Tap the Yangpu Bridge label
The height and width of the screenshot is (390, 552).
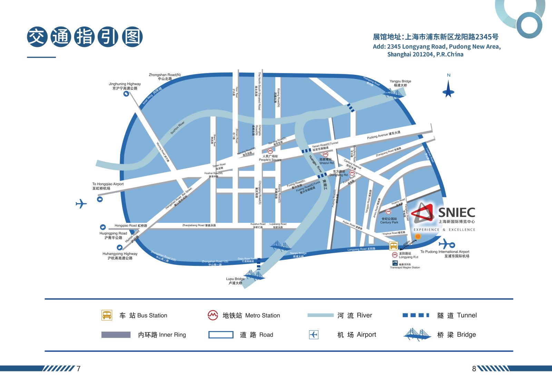400,83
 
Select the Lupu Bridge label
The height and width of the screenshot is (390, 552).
235,281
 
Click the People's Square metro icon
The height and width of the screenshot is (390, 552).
270,151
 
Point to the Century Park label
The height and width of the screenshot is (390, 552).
389,221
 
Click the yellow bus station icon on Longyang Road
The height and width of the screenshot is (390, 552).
393,246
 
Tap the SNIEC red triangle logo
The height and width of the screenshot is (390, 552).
423,212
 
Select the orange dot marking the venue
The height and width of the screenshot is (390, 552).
418,236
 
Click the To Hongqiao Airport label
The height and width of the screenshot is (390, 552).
108,186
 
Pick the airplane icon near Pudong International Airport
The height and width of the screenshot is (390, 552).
447,244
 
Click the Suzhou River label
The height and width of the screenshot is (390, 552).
177,128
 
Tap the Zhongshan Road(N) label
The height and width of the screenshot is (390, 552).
165,77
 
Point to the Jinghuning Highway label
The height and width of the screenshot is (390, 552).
125,86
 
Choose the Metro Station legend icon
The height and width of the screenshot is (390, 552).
213,315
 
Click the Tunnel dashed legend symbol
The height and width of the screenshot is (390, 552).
416,315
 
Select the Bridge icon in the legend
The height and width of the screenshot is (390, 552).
417,334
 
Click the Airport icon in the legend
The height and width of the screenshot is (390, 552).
314,334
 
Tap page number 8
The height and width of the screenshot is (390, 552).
474,369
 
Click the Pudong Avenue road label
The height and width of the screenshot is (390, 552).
384,135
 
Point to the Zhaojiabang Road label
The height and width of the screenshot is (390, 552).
199,226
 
